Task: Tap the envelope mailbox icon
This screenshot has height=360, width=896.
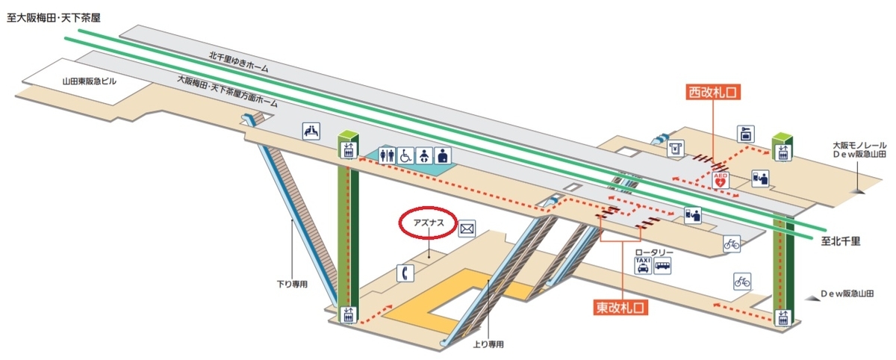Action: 467,229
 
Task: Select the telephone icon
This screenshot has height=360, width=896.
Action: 406,273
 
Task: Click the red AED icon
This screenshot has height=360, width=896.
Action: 721,179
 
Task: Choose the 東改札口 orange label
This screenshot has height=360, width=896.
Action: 621,307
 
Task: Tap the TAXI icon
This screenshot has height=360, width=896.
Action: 642,266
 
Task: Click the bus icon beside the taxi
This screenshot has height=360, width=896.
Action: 663,266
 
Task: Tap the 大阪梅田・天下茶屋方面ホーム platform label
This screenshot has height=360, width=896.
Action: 228,93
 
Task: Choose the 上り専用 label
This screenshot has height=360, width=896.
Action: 488,344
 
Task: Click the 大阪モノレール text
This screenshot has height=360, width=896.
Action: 859,145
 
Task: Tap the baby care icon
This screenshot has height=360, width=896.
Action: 423,155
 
